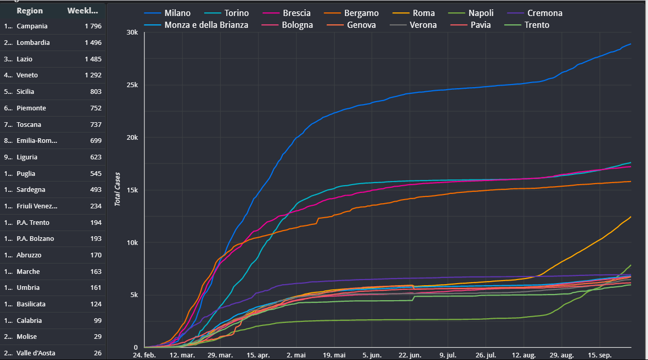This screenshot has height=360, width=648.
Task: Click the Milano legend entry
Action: tap(177, 13)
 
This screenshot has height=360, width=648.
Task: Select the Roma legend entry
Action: tap(424, 13)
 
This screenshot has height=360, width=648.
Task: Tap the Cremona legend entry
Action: tap(544, 13)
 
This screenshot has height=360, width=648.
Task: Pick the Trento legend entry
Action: tap(537, 25)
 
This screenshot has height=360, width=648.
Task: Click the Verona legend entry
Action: tap(423, 25)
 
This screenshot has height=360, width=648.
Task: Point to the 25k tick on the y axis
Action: tap(131, 85)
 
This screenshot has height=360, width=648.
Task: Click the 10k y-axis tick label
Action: tap(131, 243)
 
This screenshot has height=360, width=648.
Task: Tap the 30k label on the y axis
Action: tap(131, 32)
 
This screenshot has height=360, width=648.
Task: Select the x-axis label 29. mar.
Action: tap(220, 355)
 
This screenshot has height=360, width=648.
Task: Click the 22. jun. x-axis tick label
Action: tap(410, 355)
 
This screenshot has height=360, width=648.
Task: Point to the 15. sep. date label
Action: tap(600, 355)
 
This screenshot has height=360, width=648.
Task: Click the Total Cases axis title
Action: tap(118, 189)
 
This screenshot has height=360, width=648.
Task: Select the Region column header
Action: tap(30, 11)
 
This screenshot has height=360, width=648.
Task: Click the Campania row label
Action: tap(32, 26)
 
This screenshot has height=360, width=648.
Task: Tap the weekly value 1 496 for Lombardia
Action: tap(93, 42)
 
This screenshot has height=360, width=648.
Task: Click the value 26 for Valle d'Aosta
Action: tap(96, 353)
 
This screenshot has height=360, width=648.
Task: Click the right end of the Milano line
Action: tap(630, 44)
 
